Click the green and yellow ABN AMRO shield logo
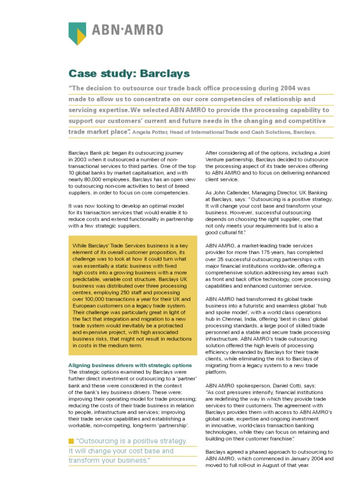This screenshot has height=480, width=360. point(77,34)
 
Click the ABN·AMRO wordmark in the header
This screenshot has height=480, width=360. point(127,30)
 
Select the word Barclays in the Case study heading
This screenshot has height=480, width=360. point(166,73)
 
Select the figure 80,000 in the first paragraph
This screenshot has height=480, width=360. point(90,179)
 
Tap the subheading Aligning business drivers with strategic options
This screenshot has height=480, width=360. point(130,365)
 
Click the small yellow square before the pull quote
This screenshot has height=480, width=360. point(71,441)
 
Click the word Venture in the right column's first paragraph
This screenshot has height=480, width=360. point(217,159)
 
